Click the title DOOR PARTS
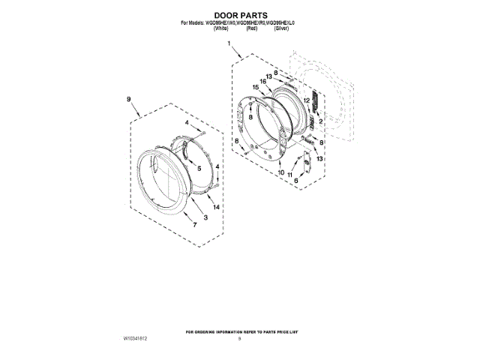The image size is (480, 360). (x=240, y=14)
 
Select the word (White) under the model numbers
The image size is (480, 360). (x=210, y=28)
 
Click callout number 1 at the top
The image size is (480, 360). (x=229, y=45)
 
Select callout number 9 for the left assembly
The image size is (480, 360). (x=128, y=99)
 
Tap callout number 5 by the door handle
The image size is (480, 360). (x=199, y=169)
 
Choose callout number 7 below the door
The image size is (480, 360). (x=195, y=224)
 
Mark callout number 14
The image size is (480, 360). (x=216, y=206)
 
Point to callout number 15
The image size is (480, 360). (x=256, y=88)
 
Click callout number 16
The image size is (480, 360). (x=264, y=81)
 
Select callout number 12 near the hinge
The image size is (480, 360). (x=306, y=100)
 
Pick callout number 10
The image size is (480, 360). (x=281, y=173)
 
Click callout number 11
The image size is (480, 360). (x=290, y=175)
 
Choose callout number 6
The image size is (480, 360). (x=295, y=181)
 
